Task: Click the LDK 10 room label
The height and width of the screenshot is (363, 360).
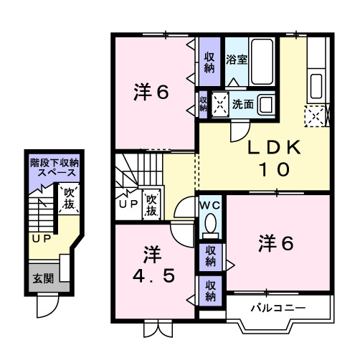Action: point(268,159)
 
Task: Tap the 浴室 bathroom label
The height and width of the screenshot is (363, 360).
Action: point(237,60)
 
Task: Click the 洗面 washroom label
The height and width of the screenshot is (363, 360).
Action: point(242,104)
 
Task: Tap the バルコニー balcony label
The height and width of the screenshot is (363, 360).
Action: point(278,308)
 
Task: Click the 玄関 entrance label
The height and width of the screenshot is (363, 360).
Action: point(44,278)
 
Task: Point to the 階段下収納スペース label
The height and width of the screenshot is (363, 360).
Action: point(55,168)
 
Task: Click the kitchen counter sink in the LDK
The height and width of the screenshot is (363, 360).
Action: point(316,87)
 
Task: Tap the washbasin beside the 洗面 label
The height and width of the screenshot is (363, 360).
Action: point(265,105)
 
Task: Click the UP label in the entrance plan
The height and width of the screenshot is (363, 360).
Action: point(39,237)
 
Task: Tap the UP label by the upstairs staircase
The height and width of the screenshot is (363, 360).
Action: point(128,204)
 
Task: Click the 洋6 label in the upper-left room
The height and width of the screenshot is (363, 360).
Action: point(152,93)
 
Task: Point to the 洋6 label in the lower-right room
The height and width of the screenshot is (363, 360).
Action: point(277,244)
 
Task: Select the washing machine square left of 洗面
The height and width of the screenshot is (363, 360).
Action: point(219,104)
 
